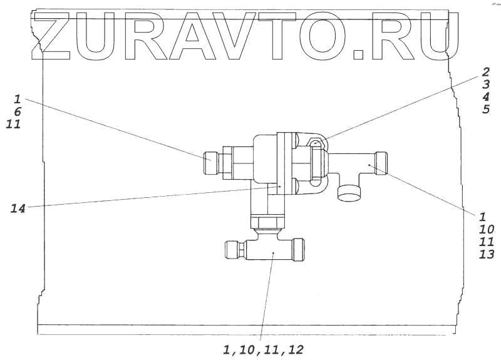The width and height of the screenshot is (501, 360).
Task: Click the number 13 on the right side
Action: tap(487, 254)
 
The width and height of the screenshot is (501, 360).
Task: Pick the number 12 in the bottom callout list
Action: tap(296, 349)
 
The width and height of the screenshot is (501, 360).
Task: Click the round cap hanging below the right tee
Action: tap(348, 192)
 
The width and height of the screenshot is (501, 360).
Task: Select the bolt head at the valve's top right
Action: tap(316, 145)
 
